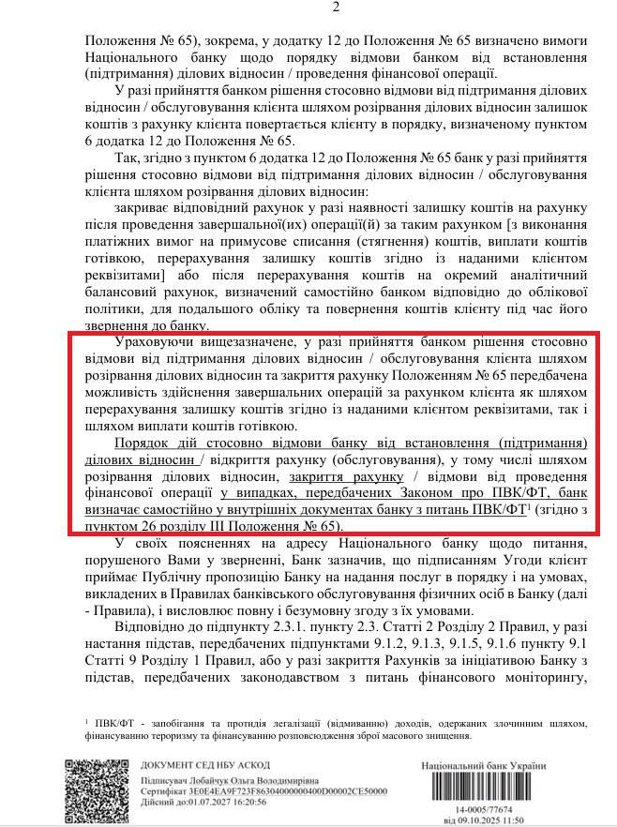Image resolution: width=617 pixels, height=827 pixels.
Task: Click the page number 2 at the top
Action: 308,8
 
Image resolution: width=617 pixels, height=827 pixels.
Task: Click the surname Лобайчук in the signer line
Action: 208,780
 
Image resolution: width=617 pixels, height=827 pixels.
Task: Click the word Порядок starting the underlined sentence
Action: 142,443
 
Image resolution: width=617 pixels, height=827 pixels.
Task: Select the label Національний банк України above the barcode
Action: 483,765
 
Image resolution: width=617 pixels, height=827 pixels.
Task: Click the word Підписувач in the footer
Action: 168,780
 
